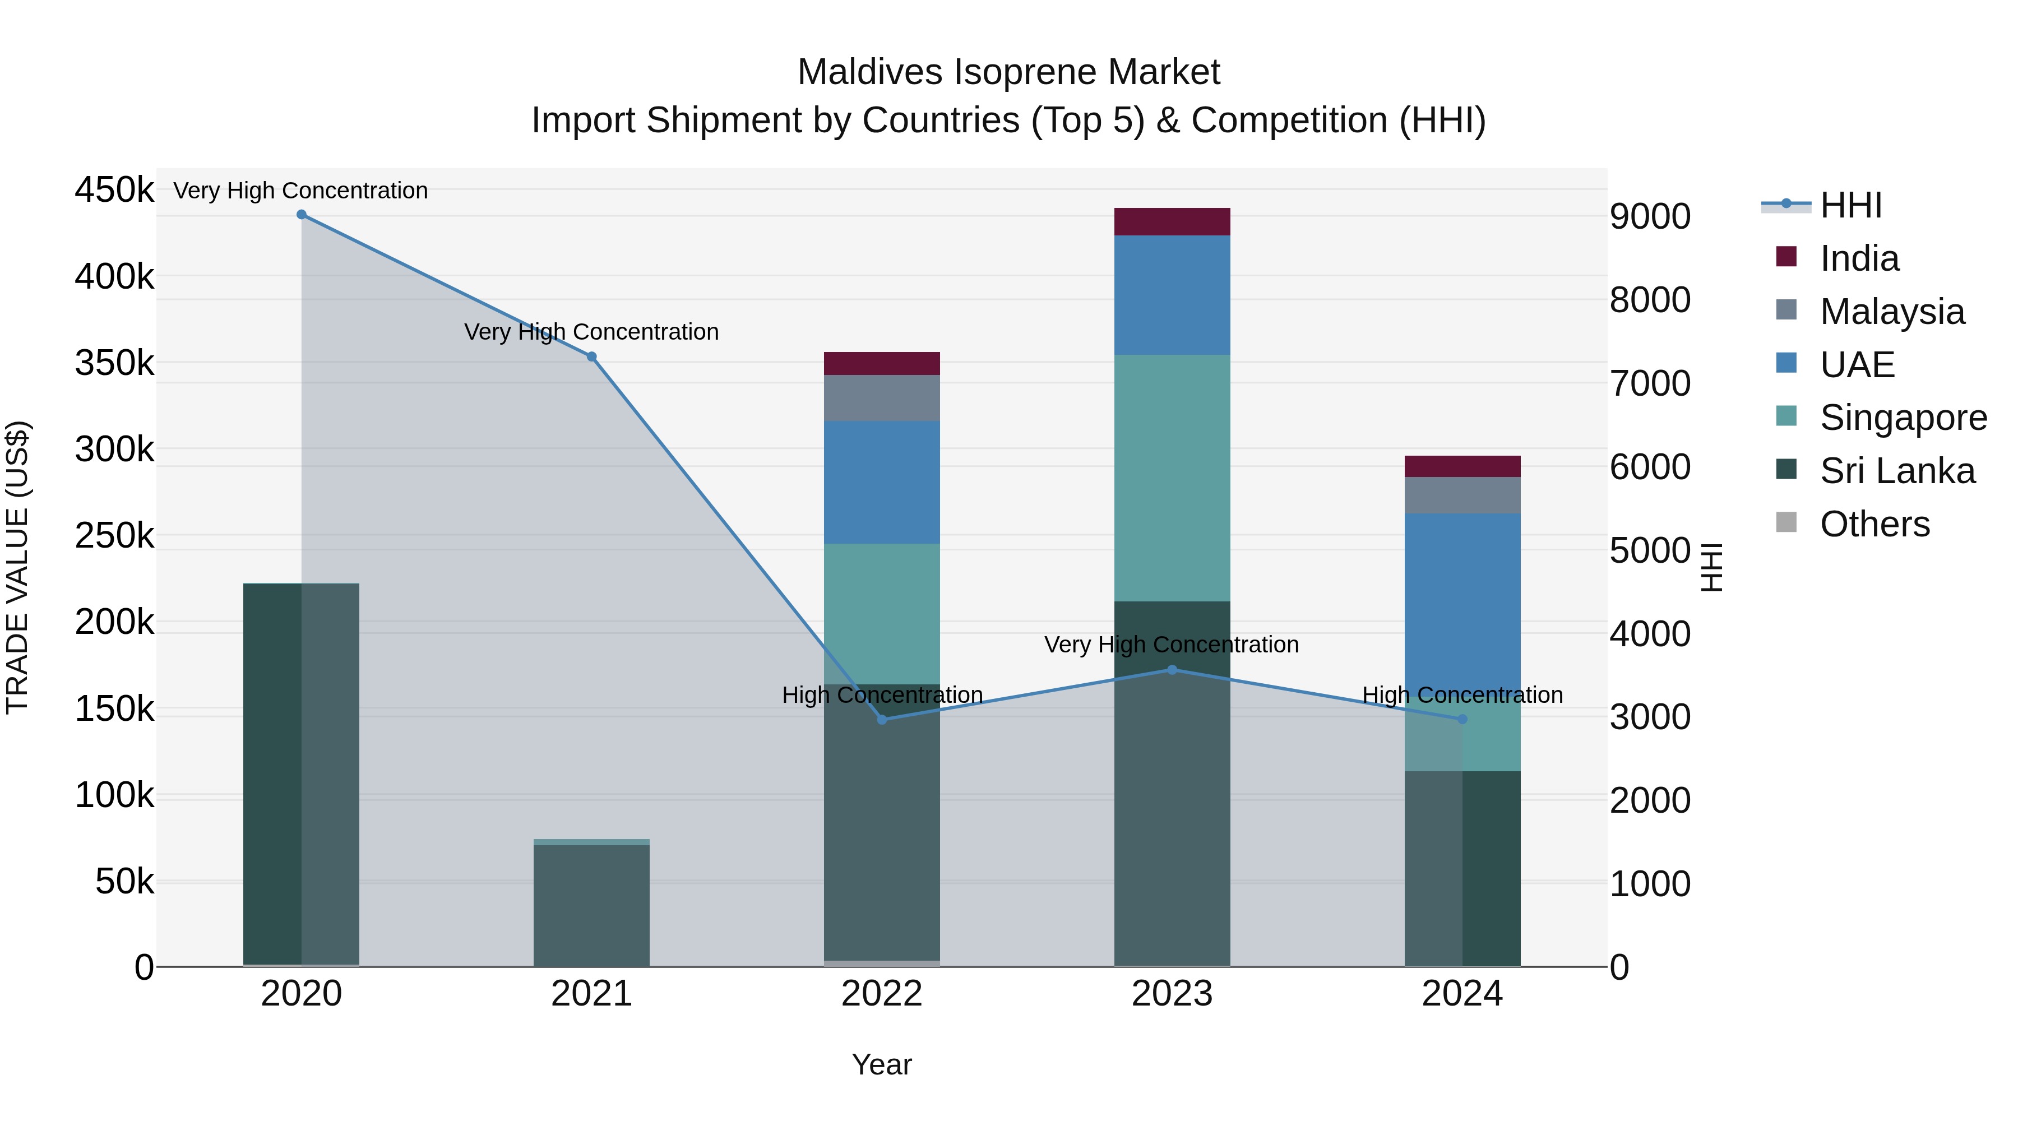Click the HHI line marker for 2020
[302, 215]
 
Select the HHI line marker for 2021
[591, 356]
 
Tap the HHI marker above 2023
[1172, 670]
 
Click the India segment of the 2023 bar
[1172, 221]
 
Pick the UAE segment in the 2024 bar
[1462, 595]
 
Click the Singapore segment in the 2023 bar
[1172, 478]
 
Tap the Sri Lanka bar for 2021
[591, 905]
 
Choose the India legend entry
[1858, 258]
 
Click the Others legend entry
[1874, 524]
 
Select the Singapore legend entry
[1902, 418]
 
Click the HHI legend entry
[1850, 205]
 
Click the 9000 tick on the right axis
[1650, 217]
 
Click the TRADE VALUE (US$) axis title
[18, 567]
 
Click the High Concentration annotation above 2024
[1462, 695]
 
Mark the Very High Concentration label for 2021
[591, 332]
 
